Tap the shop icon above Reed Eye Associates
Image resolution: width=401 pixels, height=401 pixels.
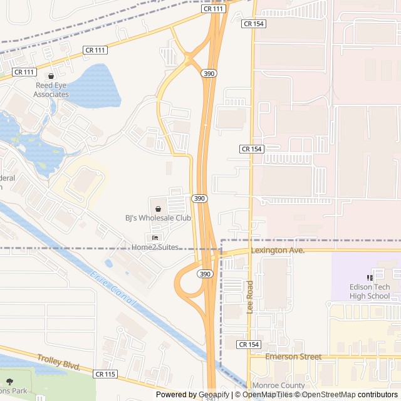pos(51,76)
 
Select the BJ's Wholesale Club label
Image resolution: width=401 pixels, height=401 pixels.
pos(158,218)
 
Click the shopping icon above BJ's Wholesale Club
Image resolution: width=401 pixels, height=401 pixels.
pos(158,208)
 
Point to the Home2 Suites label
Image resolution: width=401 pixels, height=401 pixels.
pos(155,247)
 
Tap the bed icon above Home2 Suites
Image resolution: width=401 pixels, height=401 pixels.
pos(155,237)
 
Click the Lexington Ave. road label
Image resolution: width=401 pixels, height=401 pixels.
pos(278,251)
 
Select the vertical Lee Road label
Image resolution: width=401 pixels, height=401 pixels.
pos(250,298)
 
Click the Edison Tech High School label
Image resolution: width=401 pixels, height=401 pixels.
pos(370,291)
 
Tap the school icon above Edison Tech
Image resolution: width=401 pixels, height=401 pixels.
pos(370,278)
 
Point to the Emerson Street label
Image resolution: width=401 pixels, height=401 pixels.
pos(293,357)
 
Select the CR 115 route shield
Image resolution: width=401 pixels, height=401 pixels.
pos(105,374)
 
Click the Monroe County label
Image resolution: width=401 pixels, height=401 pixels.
pos(278,385)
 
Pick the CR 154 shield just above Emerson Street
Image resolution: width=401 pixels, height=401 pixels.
pos(249,345)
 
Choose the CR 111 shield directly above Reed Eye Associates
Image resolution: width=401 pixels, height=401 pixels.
pos(24,72)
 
